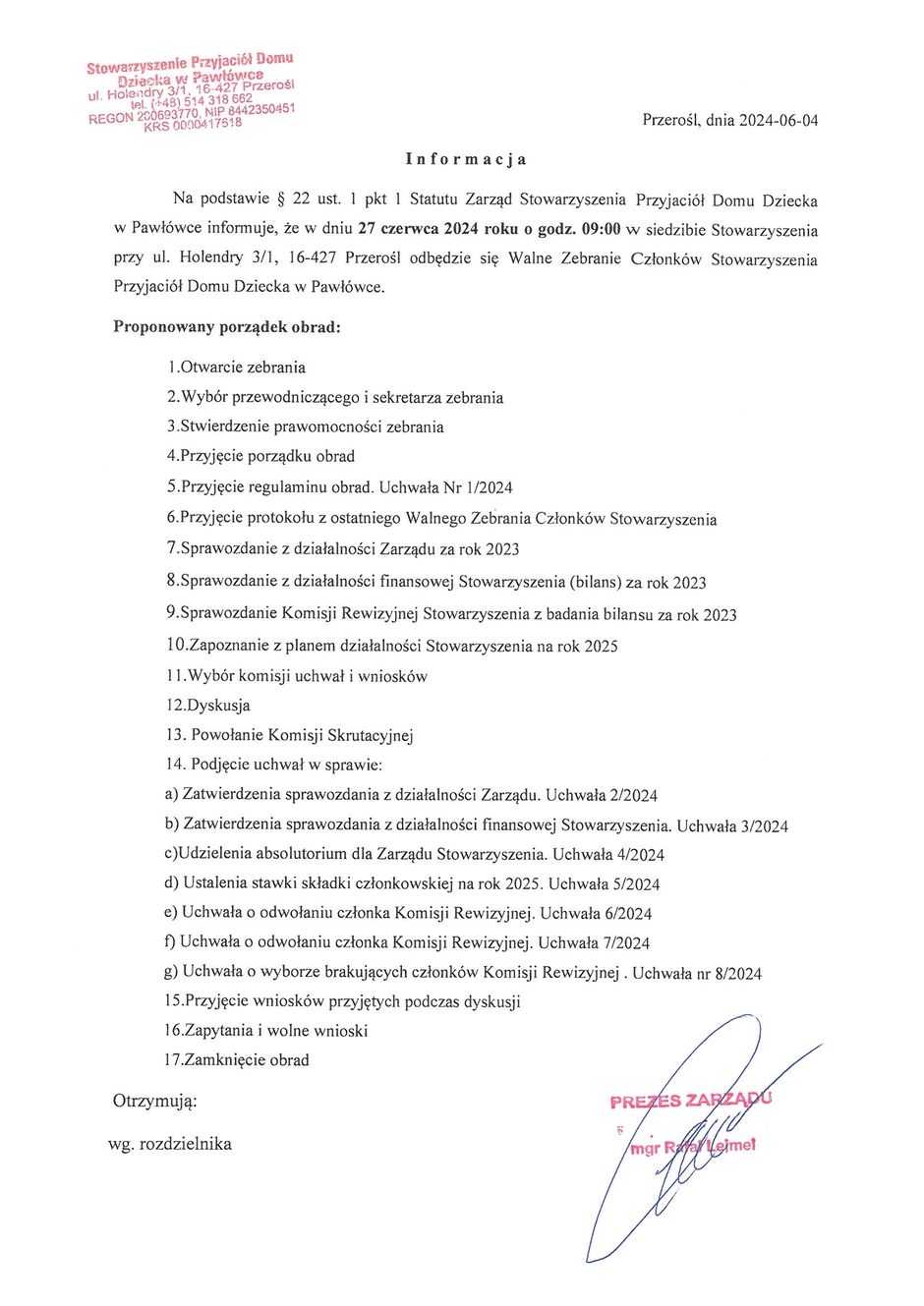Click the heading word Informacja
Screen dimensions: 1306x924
[x=467, y=159]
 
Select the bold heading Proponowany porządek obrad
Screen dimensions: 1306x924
[x=227, y=326]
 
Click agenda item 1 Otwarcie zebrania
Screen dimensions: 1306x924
[x=237, y=368]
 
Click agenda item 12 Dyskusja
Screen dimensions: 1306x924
[x=208, y=706]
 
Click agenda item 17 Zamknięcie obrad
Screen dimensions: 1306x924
[x=238, y=1060]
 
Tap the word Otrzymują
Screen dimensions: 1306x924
[x=155, y=1101]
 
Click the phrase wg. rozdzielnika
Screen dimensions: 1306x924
[x=170, y=1144]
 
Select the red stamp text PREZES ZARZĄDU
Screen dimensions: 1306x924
[x=690, y=1100]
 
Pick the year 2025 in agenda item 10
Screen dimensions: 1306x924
[x=601, y=647]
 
